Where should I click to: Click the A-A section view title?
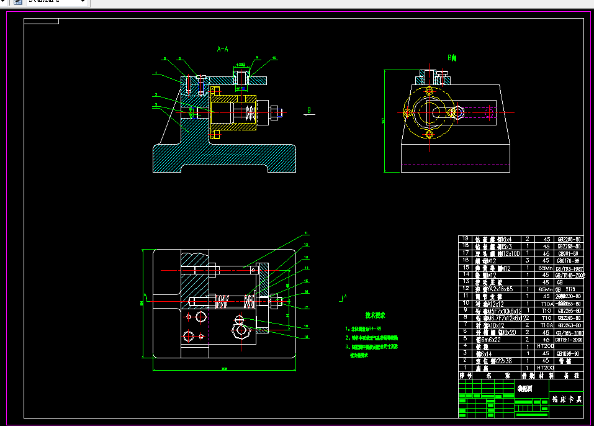[222, 48]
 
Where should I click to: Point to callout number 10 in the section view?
[274, 58]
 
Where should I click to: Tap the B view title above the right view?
[452, 58]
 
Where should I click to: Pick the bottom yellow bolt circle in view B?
[429, 134]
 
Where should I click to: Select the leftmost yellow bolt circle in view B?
[407, 113]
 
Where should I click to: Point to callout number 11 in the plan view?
[306, 234]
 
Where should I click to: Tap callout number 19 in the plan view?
[306, 337]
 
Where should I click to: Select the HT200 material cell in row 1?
[544, 368]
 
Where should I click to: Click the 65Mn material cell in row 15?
[544, 268]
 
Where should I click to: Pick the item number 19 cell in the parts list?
[462, 238]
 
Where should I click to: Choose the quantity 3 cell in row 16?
[528, 260]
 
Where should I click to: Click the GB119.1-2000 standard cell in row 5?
[569, 339]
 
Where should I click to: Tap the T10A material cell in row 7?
[544, 324]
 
